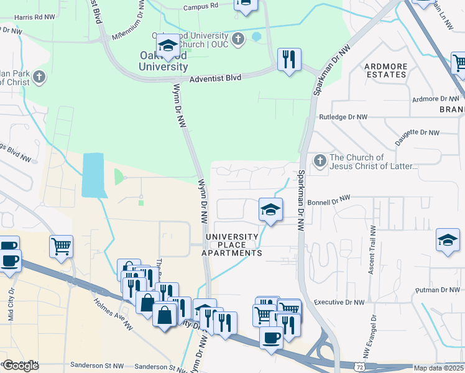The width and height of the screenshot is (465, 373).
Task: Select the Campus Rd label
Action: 201,7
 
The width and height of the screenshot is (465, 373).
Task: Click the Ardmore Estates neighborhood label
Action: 385,70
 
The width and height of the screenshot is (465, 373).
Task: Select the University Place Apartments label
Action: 232,245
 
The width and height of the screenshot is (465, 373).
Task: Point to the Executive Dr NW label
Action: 339,302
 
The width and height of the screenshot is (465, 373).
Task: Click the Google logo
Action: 21,366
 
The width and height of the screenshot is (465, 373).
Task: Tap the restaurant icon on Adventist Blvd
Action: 288,60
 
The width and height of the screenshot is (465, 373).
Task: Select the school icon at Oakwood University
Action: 168,45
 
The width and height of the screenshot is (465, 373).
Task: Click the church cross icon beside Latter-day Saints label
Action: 320,162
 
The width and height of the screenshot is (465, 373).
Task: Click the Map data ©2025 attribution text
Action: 439,368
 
